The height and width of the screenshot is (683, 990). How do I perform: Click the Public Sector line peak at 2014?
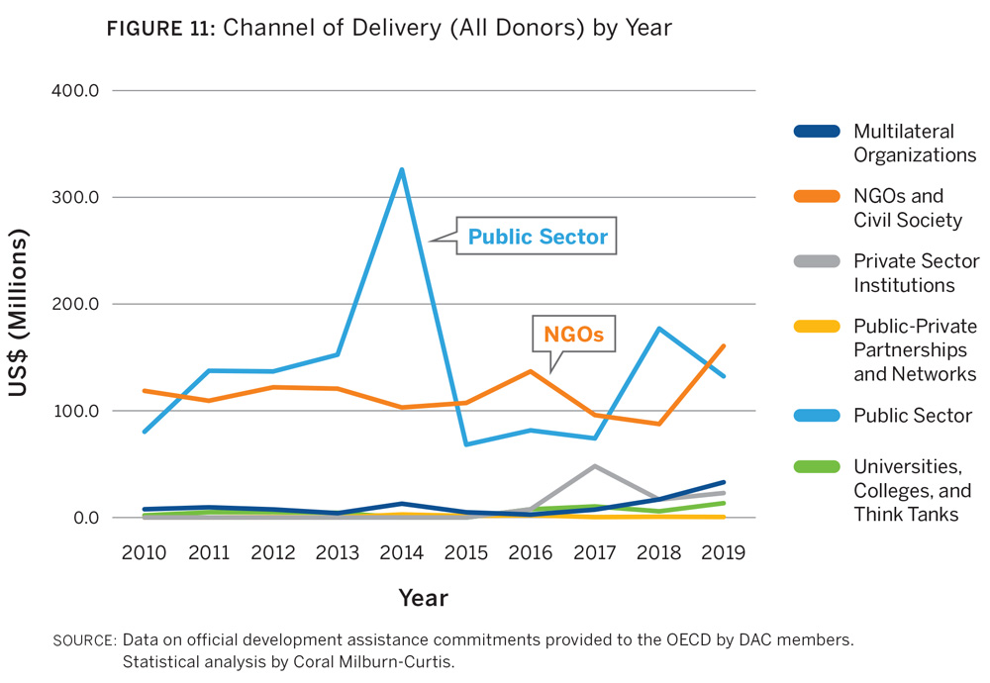(402, 169)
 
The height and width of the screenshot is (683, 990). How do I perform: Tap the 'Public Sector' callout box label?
(538, 238)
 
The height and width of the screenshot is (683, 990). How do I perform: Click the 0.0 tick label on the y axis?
(88, 518)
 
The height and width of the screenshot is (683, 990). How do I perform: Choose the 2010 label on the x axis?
(145, 551)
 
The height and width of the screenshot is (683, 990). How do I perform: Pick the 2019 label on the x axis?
(724, 551)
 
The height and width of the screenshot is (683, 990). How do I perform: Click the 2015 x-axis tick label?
(466, 551)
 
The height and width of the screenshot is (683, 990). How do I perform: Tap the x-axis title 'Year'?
(423, 598)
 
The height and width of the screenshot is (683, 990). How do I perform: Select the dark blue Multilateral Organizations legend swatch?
(817, 132)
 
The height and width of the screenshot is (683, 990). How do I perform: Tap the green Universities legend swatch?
(817, 466)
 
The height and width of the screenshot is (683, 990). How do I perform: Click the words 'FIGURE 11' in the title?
(161, 29)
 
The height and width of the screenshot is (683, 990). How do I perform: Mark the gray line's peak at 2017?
(595, 465)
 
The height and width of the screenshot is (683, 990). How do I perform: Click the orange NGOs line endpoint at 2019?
(724, 345)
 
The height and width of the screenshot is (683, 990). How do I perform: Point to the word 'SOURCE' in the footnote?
(83, 640)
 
